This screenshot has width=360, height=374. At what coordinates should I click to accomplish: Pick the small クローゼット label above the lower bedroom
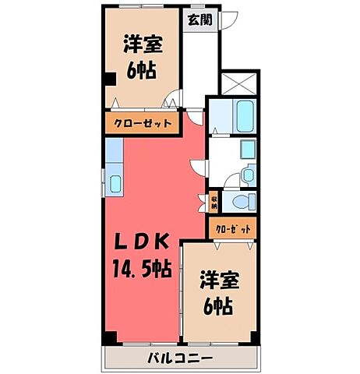click(x=233, y=229)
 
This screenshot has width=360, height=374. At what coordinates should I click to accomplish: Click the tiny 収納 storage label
click(x=213, y=203)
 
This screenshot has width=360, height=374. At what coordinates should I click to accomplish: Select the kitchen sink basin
click(x=115, y=184)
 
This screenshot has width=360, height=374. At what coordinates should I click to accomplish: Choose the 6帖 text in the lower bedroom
click(x=218, y=306)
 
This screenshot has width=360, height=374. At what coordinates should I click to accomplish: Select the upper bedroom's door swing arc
click(x=173, y=100)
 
